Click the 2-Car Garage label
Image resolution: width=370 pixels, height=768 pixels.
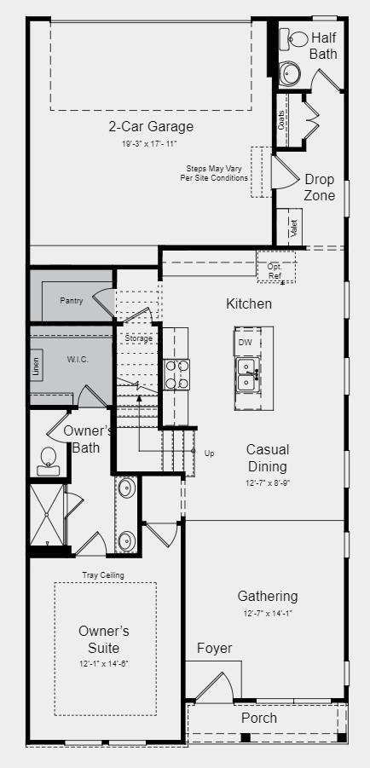click(150, 127)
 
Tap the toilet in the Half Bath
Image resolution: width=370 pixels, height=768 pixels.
click(297, 39)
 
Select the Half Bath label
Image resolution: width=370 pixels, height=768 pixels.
click(324, 45)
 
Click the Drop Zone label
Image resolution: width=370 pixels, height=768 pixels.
click(320, 187)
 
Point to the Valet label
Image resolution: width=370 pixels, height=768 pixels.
click(293, 228)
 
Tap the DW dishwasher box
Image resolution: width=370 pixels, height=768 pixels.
click(246, 342)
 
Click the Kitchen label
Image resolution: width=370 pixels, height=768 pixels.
click(249, 303)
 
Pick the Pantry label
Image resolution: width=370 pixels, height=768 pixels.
click(72, 301)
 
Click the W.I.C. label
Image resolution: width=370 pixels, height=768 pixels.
click(78, 359)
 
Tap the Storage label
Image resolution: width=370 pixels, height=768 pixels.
click(138, 338)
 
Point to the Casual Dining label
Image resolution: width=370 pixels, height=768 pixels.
click(268, 458)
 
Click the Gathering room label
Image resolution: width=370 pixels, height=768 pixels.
click(268, 597)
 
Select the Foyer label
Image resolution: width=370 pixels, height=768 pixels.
click(214, 648)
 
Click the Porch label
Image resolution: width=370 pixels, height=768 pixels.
click(258, 718)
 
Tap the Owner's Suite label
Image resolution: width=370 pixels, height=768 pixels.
click(104, 639)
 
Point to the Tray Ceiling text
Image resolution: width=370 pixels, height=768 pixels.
click(103, 575)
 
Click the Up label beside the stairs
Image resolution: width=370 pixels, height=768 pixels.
click(210, 453)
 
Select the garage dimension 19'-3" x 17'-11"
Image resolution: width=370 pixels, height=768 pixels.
click(150, 144)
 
